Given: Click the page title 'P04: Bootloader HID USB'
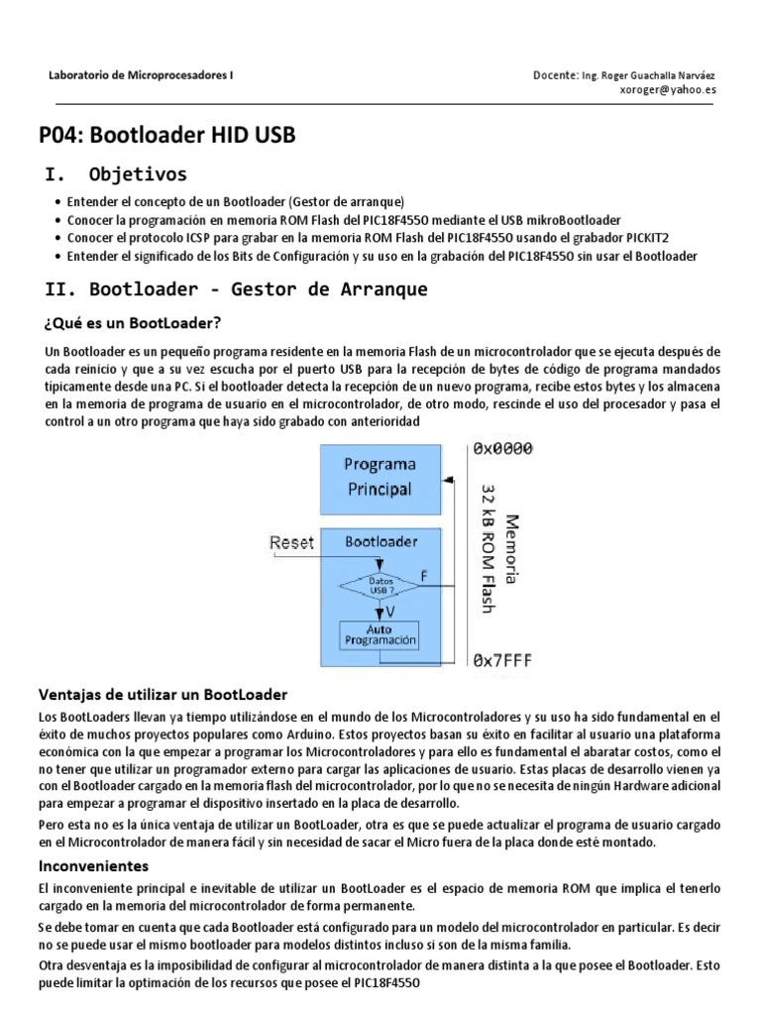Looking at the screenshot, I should coord(166,135).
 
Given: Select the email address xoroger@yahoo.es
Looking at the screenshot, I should coord(667,89).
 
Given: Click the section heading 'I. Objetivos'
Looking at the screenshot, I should coord(116,175).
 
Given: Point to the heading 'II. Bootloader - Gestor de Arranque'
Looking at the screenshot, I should coord(237,289).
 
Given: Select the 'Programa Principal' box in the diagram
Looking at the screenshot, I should coord(380,477).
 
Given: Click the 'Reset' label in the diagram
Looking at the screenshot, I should coord(291,542).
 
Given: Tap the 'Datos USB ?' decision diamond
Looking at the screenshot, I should coord(380,586).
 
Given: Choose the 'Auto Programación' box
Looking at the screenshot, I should coord(380,635).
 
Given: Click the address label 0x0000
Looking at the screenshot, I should coord(502,449).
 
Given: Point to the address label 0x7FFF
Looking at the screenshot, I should coord(502,660).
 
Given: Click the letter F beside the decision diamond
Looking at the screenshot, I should coord(425,575).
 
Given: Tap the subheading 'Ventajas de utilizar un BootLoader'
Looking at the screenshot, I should coord(163,694).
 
